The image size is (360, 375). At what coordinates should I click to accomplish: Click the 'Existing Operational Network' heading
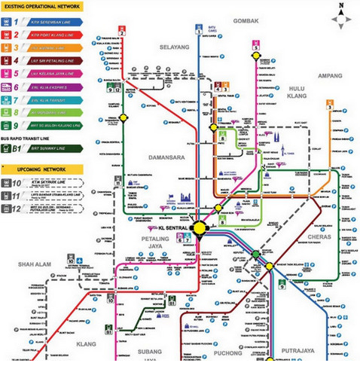point(42,7)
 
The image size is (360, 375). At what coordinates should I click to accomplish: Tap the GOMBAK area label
point(246,20)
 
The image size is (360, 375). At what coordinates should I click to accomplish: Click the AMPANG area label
point(329,75)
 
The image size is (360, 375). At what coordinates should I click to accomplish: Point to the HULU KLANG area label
point(296,93)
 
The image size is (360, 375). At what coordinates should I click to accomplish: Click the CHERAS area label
point(309,235)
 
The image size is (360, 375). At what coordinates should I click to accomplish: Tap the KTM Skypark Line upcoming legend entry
point(47,183)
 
